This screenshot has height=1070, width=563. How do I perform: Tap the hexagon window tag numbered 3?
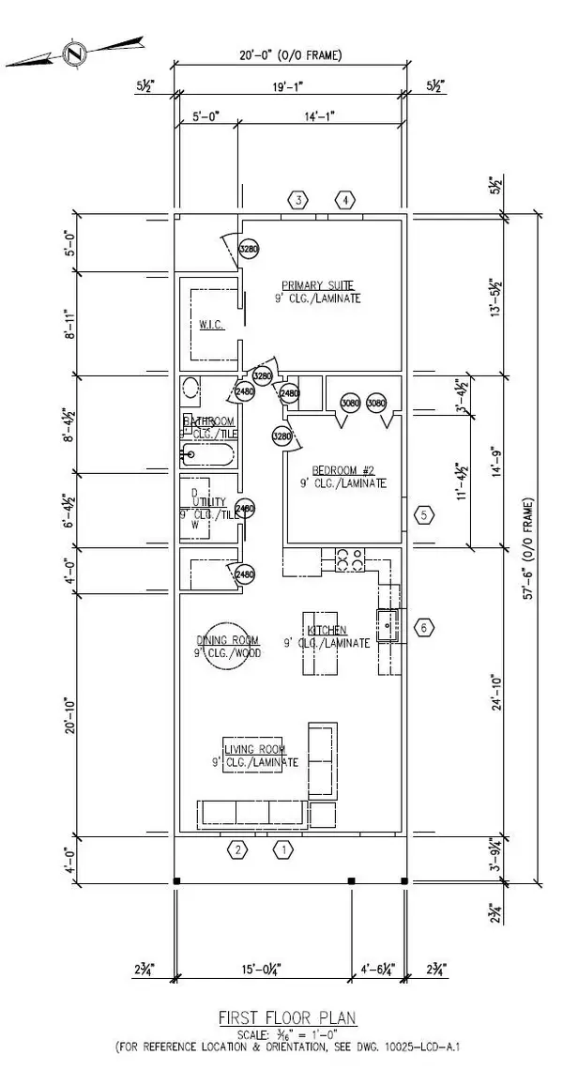(298, 200)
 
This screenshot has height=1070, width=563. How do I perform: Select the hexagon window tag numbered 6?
(423, 627)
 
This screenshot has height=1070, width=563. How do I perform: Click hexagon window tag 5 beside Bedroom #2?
(424, 514)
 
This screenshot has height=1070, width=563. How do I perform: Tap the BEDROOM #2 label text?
(343, 471)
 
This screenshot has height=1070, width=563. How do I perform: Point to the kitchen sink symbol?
(388, 620)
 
